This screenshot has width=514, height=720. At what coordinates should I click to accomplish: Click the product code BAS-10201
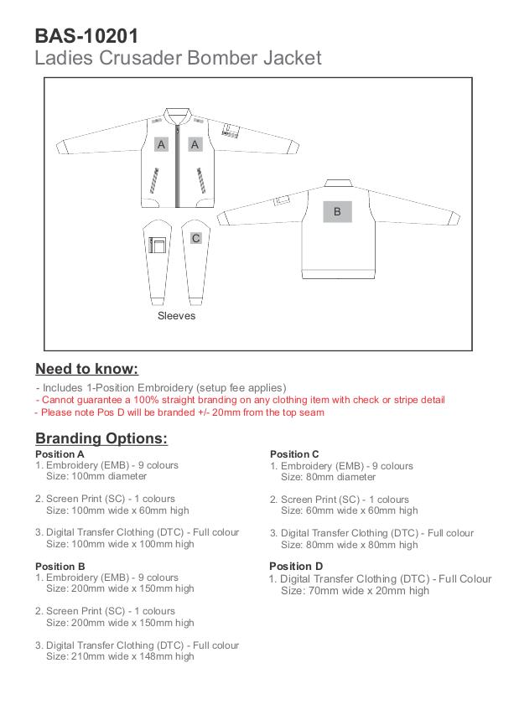coord(86,35)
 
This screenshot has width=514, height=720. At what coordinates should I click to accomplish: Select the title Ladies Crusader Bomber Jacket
coord(178,58)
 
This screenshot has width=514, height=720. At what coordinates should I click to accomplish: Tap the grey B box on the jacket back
coord(337,212)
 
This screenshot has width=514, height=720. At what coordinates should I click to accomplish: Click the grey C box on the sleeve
coord(195,238)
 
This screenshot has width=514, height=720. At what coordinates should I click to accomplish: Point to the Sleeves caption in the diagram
coord(176,316)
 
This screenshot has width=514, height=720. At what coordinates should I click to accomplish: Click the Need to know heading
coord(86,369)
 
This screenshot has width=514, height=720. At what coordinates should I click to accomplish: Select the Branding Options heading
coord(101,438)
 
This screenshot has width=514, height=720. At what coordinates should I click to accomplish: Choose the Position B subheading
coord(60,567)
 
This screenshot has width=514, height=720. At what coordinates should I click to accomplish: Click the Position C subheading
coord(295,454)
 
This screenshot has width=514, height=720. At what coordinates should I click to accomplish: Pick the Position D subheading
coord(296,567)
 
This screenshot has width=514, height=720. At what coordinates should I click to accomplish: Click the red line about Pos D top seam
coord(179,412)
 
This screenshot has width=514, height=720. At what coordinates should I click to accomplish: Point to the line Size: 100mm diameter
coord(96,476)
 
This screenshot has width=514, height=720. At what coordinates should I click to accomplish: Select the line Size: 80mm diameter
coord(328,477)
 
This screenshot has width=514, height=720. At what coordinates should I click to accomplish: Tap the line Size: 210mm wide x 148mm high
coord(120,656)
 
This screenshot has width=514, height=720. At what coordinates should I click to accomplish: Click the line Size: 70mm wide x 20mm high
coord(355,591)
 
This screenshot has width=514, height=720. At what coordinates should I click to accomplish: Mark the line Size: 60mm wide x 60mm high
coord(349,510)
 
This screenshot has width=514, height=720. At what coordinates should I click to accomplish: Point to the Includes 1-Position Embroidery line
coord(162,388)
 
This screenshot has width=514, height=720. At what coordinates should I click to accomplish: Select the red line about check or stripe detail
coord(241,400)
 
